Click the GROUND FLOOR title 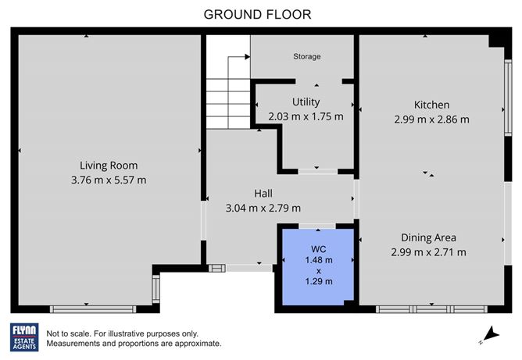point(257,15)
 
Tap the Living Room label point(109,166)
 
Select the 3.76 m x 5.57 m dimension point(109,180)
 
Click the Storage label point(306,56)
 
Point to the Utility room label point(306,102)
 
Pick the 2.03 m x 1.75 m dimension point(306,116)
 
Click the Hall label point(263,194)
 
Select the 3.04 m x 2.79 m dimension point(263,208)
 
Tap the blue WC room point(318,266)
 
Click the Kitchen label point(431,105)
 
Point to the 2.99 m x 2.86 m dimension point(431,119)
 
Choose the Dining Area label point(428,237)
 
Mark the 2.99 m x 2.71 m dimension point(428,252)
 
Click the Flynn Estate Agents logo point(24,337)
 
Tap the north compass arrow point(490,334)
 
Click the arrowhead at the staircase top point(248,57)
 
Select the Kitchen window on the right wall point(508,98)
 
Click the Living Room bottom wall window point(93,309)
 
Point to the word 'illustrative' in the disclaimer point(127,333)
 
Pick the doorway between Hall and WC point(317,226)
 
